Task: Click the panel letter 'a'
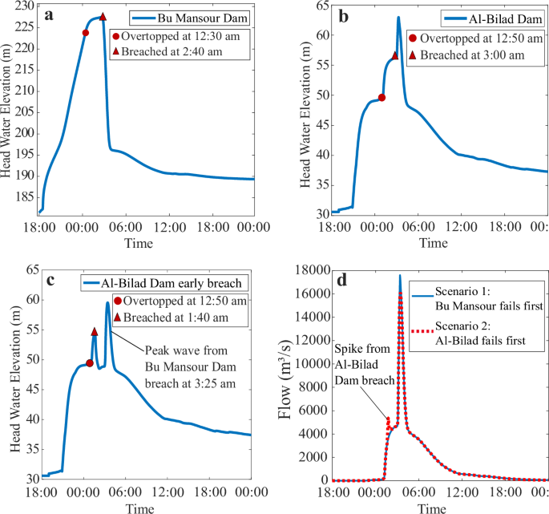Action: click(x=50, y=14)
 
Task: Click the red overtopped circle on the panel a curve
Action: click(x=86, y=33)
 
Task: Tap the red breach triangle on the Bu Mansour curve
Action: click(x=103, y=17)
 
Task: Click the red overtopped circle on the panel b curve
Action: click(x=381, y=98)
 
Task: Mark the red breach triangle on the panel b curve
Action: click(x=395, y=55)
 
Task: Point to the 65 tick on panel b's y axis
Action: click(x=312, y=6)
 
